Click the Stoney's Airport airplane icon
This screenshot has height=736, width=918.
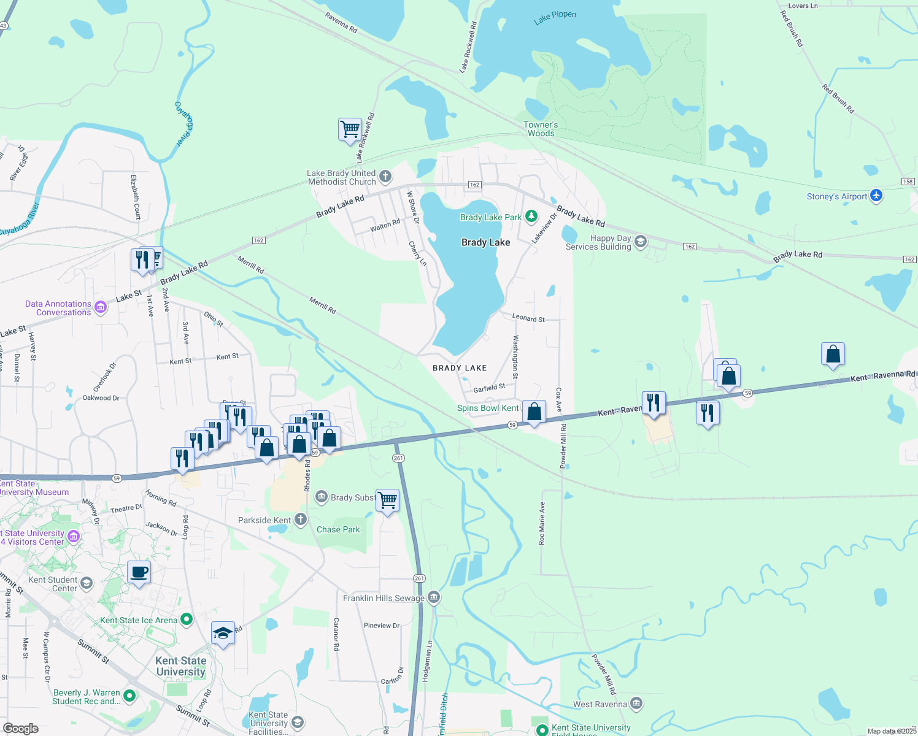pos(876,196)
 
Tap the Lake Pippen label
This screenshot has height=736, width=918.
pos(555,17)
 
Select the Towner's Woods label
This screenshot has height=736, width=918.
pos(541,129)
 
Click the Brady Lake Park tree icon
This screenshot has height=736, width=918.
pos(531,217)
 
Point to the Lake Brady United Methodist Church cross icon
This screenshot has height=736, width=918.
pos(385,177)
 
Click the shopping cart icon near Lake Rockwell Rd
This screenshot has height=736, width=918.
pos(350,129)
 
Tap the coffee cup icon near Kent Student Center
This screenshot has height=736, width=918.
pos(139,573)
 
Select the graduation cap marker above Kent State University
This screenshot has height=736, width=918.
pos(222,634)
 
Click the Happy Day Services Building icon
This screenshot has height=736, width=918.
pos(641,242)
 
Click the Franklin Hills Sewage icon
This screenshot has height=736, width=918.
pos(434,597)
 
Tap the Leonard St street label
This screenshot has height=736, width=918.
pos(528,318)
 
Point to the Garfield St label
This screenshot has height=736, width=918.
pos(489,388)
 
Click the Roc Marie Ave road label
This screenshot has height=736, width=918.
pos(542,523)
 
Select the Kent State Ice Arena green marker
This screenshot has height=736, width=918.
pos(187,620)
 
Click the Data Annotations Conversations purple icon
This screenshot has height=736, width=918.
pos(101,307)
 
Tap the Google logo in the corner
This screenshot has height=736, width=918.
pos(21,728)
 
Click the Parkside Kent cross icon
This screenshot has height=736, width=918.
pos(300,520)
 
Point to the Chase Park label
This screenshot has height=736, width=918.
pos(338,529)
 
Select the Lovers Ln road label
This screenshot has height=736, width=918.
pos(803,6)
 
